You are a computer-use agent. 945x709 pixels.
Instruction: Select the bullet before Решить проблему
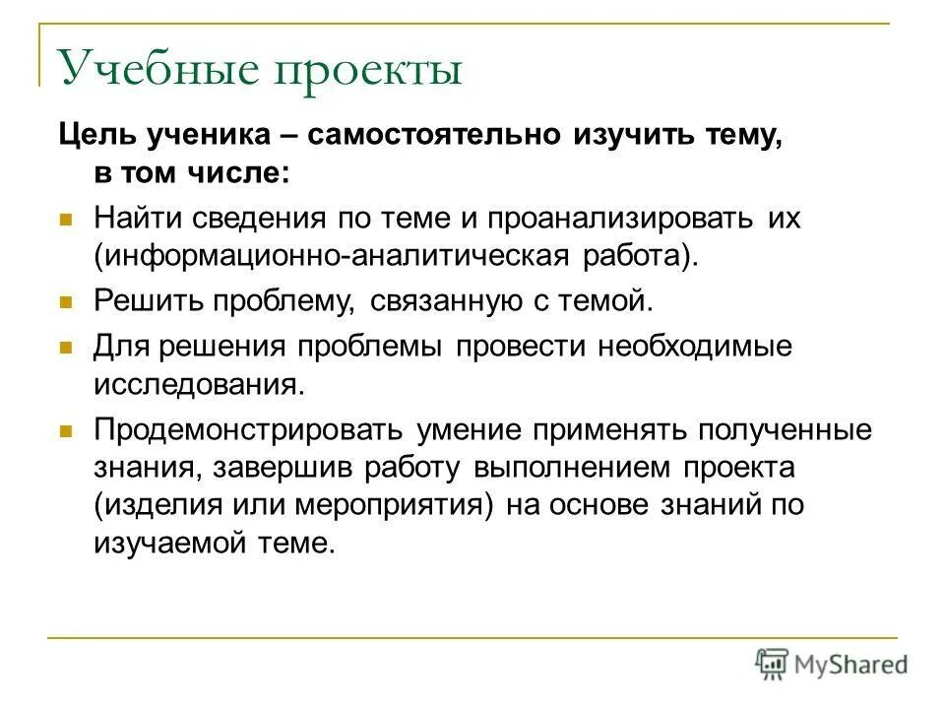point(67,301)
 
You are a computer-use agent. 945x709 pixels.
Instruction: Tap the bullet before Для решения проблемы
point(67,348)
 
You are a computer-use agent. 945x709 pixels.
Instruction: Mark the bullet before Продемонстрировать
point(67,430)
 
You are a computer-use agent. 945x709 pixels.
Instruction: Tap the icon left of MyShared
point(772,663)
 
